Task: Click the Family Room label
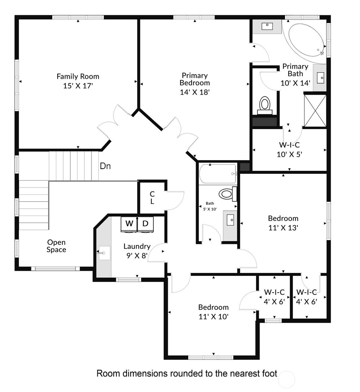coord(78,76)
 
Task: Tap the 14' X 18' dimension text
coord(194,92)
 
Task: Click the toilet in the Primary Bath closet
coord(265,105)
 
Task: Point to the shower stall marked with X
coord(315,111)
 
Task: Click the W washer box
coord(129,224)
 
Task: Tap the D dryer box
coord(146,224)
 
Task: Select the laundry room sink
coord(104,253)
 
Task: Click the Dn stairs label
coord(105,166)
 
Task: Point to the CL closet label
coord(152,198)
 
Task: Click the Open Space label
coord(56,246)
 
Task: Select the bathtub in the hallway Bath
coord(217,174)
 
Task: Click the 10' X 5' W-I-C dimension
coord(289,154)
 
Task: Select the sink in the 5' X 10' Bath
coord(230,220)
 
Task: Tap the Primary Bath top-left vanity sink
coord(267,26)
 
